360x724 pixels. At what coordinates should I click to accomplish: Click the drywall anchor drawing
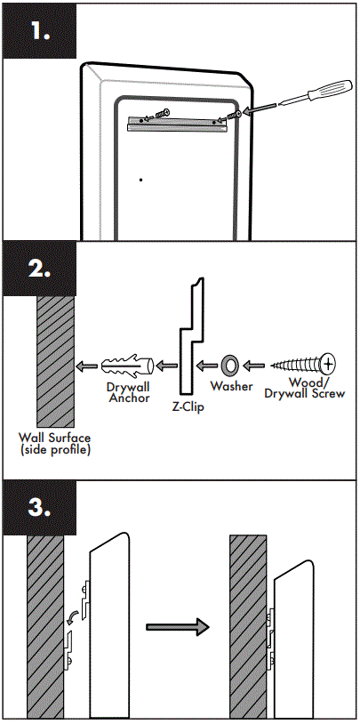click(x=129, y=365)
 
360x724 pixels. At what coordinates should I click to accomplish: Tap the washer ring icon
click(x=229, y=364)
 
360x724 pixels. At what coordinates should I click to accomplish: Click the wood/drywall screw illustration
click(x=302, y=364)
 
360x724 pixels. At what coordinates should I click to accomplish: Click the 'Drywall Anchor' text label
click(x=130, y=392)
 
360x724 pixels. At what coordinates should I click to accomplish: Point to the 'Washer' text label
click(x=231, y=387)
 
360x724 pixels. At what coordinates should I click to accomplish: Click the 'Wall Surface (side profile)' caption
click(x=55, y=445)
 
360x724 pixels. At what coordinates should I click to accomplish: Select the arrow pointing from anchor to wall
click(x=87, y=365)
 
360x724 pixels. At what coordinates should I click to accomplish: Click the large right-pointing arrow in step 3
click(x=177, y=627)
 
